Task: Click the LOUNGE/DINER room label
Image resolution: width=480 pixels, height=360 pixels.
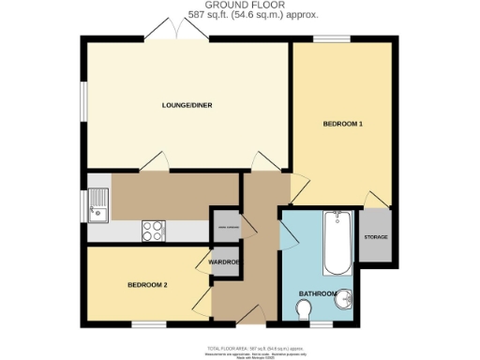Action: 187,105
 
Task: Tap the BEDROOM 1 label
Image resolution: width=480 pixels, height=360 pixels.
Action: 342,124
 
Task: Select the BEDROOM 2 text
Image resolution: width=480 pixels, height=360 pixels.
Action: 147,284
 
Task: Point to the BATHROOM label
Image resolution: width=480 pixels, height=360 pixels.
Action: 318,293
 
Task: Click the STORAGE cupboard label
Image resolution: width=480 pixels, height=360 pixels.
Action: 376,237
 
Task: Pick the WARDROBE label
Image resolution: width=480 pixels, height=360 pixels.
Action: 225,262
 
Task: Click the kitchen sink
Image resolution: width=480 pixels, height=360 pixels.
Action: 98,205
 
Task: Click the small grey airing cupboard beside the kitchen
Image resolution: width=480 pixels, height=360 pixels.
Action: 225,225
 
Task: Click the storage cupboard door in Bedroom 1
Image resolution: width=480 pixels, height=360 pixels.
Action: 374,200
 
